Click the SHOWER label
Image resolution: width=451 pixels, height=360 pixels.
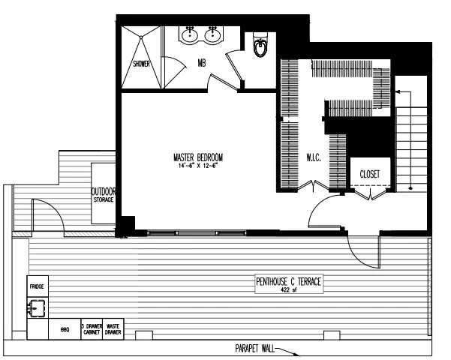pos(142,64)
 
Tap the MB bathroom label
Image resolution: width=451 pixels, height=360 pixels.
pos(201,63)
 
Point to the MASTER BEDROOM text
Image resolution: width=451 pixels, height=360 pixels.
pos(198,157)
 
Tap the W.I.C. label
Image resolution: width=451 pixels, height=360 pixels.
pos(314,158)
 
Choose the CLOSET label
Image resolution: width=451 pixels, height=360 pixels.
pos(369,173)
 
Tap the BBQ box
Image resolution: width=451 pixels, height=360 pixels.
pos(65,329)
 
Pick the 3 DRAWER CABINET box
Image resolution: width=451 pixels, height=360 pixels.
pos(93,328)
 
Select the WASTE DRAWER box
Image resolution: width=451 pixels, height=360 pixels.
pos(115,328)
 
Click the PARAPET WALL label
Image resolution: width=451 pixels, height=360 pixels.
pos(247,349)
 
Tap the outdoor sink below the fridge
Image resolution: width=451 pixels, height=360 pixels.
pos(36,307)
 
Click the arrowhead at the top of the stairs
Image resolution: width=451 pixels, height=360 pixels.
pos(399,91)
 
